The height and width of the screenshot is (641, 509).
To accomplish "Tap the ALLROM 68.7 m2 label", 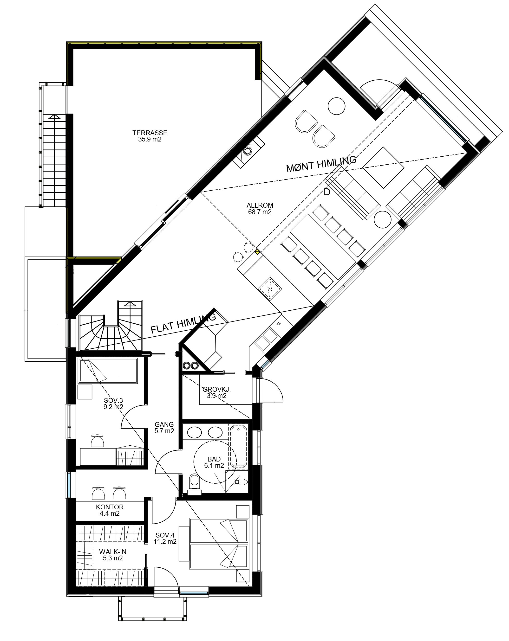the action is tap(260, 208).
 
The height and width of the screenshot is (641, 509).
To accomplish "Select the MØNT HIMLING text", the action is tap(321, 164).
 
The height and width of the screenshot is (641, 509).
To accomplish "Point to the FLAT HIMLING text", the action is tap(183, 324).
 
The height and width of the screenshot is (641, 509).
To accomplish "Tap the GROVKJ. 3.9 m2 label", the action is tap(216, 392).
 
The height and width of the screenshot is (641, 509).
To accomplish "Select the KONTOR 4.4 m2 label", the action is tap(110, 510).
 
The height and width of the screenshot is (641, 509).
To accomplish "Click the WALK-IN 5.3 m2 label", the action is tap(113, 555).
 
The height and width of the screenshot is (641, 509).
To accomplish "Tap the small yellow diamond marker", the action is tap(257, 252).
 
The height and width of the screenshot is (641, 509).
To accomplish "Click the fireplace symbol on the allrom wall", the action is tap(248, 151).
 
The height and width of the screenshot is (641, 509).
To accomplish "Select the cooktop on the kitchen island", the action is tap(269, 288).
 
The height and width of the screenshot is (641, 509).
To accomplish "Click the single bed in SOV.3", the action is tap(108, 371).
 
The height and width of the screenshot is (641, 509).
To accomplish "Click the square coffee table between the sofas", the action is tap(383, 167).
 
